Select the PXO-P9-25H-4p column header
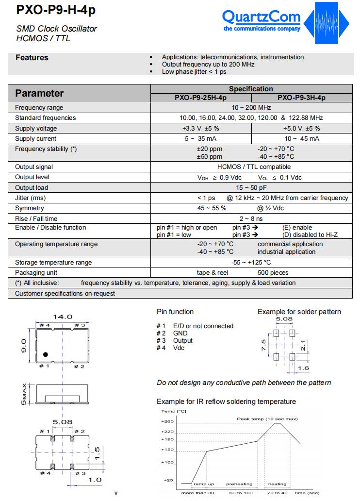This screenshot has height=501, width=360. coord(200,98)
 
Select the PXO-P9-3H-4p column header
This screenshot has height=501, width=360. coord(301,98)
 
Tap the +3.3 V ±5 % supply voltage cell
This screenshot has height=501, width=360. coord(200,129)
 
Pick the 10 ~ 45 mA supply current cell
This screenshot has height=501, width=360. coord(301,139)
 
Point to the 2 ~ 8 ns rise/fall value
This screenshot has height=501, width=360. coord(251,219)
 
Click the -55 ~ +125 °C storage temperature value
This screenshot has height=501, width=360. coord(251,263)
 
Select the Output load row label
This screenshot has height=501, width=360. coord(32,188)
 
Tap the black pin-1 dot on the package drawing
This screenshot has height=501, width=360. coord(45,354)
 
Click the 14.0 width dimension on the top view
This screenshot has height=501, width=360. coord(63,317)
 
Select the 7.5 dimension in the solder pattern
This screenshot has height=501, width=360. coord(263,345)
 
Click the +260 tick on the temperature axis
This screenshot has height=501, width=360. coord(167,421)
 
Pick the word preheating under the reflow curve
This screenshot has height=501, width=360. coord(239,484)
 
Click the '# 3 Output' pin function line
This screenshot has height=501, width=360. coord(175,341)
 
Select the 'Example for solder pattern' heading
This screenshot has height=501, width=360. coord(299,312)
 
